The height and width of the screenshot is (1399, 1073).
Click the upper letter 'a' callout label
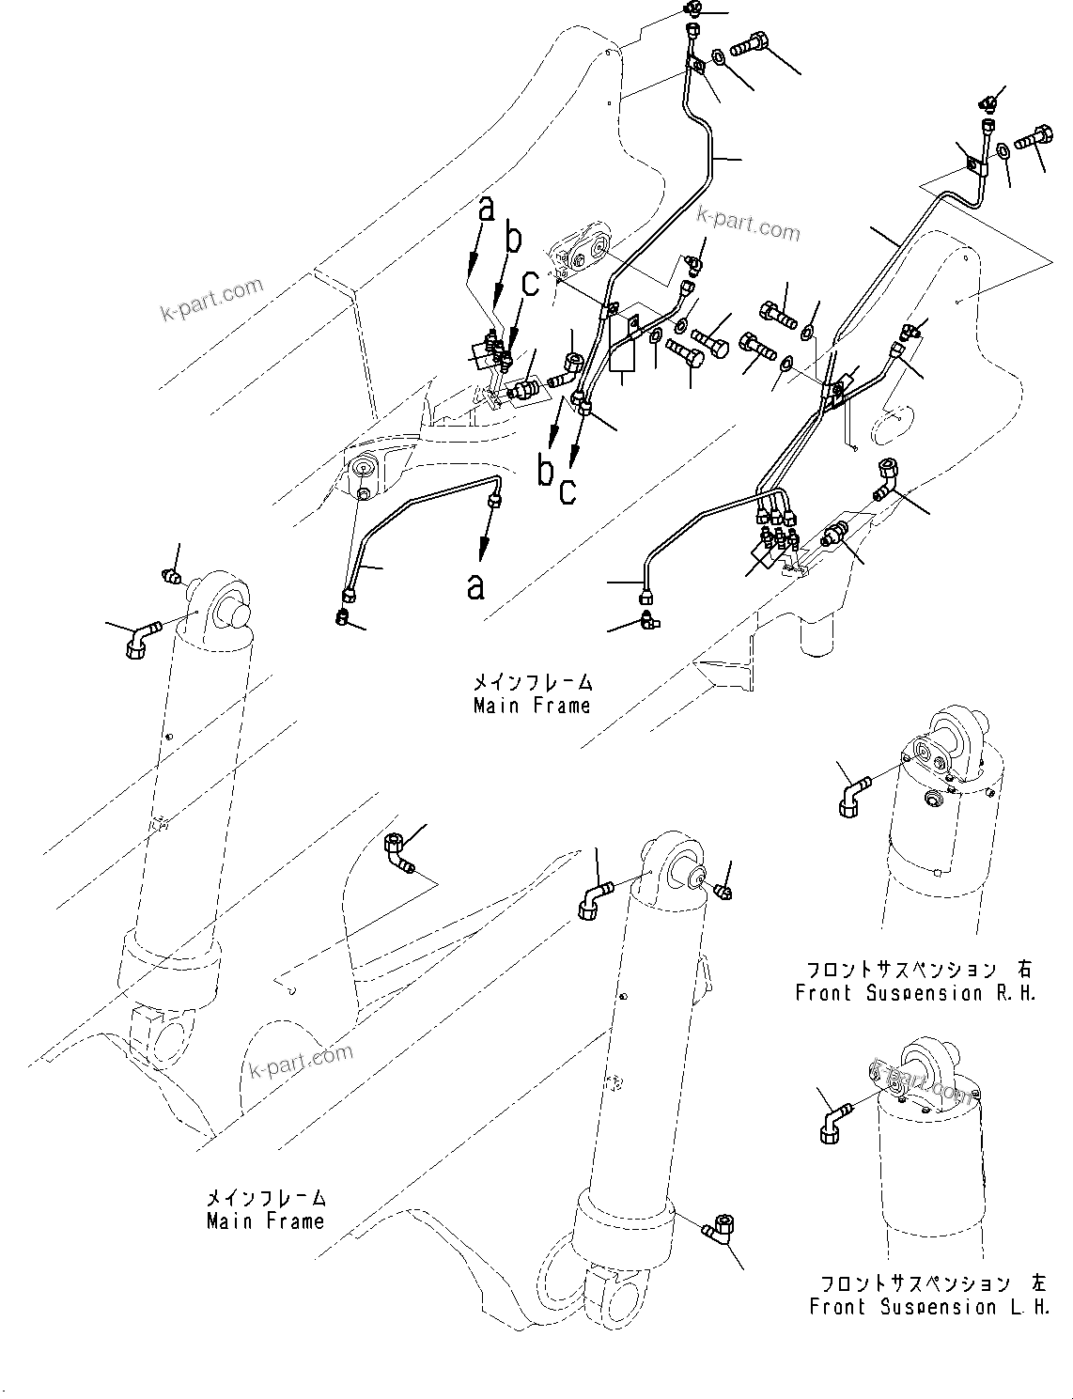click(x=485, y=209)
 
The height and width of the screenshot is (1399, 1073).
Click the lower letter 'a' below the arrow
click(x=476, y=586)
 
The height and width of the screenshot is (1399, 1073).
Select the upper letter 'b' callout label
click(x=513, y=240)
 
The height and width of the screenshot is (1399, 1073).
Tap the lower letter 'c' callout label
click(x=568, y=491)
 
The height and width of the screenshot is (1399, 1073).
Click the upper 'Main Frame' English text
click(x=532, y=706)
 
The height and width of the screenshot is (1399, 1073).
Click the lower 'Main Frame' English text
click(x=265, y=1221)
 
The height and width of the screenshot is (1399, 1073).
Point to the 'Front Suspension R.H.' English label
click(x=915, y=993)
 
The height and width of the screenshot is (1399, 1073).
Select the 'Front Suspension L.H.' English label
click(x=929, y=1307)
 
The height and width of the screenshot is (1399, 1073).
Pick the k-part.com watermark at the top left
click(x=211, y=299)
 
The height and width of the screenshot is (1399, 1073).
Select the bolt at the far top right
click(x=1033, y=138)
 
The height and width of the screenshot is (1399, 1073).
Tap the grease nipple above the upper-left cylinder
click(x=170, y=575)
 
